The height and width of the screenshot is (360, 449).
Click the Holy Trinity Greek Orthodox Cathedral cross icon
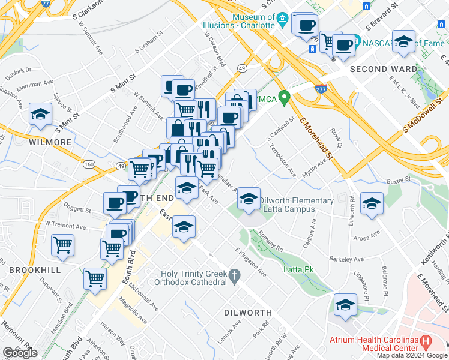(235, 275)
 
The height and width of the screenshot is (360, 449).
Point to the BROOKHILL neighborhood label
(34, 271)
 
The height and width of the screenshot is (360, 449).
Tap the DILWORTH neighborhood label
(247, 313)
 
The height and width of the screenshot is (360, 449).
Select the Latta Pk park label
(299, 270)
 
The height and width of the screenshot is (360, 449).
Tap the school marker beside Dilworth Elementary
(248, 199)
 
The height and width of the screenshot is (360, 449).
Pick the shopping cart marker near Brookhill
(62, 245)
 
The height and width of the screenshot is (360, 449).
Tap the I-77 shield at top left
(46, 3)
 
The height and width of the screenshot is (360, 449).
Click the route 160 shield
(89, 164)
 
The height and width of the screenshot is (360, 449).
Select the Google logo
(20, 353)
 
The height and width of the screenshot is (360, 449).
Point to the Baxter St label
(398, 179)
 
